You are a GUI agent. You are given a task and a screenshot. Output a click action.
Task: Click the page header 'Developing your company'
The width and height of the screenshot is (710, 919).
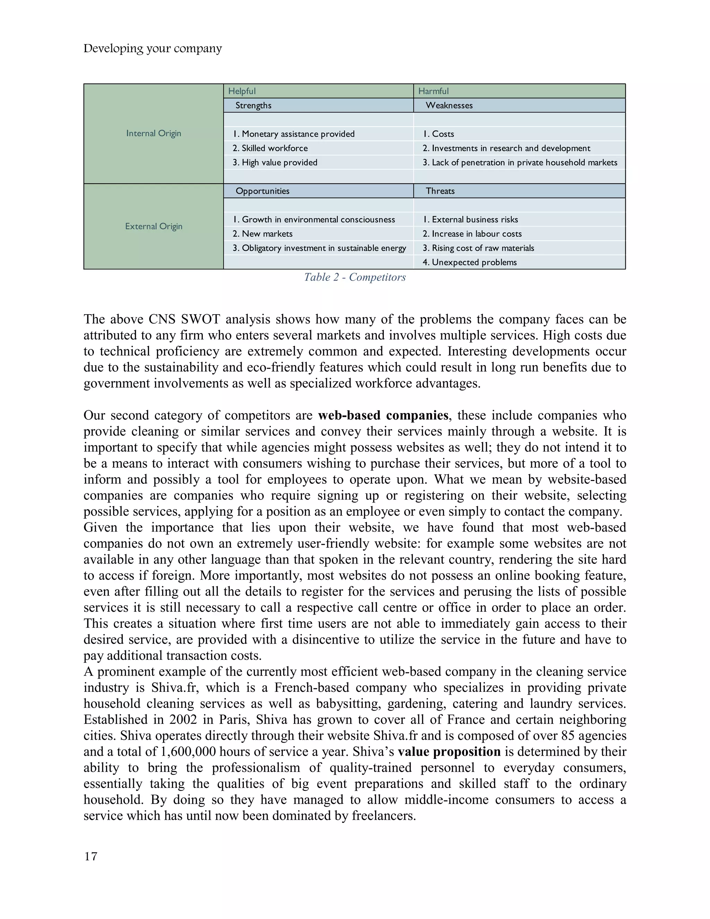152,49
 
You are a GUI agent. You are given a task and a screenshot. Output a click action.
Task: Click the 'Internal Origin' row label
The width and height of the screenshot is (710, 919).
154,134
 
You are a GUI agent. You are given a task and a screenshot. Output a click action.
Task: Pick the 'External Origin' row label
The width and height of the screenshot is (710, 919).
154,226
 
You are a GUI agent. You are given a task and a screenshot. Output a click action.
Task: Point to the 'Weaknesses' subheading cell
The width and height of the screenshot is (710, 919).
449,105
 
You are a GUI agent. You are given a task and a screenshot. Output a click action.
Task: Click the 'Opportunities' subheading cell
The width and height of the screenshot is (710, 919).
262,191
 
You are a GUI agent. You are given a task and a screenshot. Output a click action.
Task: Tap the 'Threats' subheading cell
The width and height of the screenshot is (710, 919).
440,191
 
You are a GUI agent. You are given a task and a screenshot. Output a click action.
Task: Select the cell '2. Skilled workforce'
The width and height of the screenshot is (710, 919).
270,148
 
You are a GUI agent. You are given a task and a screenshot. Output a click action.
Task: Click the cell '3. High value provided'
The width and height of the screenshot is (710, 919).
275,162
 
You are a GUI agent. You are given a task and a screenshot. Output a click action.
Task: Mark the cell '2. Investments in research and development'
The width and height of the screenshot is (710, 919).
506,148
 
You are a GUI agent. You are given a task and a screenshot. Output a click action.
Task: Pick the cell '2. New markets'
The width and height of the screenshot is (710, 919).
262,233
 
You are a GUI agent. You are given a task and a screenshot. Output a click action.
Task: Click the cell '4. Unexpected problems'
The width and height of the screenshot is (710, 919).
469,262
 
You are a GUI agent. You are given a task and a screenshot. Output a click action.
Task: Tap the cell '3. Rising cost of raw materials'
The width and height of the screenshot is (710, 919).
478,248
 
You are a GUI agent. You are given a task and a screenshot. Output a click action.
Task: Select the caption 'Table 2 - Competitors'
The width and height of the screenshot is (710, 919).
355,277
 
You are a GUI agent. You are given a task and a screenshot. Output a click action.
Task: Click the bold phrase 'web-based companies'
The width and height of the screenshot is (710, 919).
383,415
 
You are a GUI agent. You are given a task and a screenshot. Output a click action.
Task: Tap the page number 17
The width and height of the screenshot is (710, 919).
91,856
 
